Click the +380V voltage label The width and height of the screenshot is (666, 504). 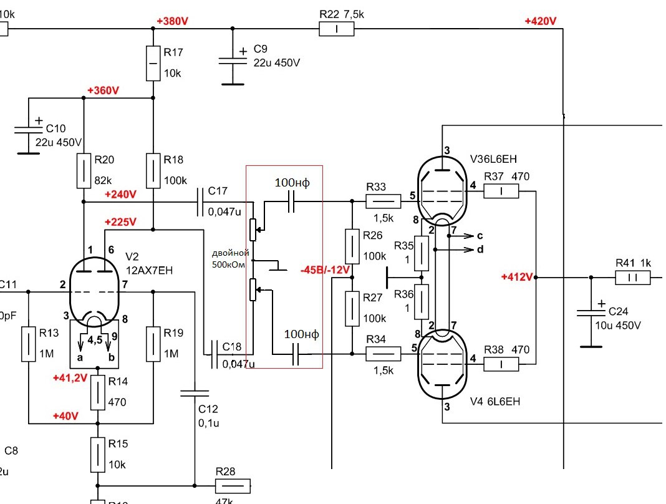pyautogui.click(x=172, y=21)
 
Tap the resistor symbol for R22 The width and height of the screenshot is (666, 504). pyautogui.click(x=336, y=29)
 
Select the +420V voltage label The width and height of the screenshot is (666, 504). pyautogui.click(x=540, y=21)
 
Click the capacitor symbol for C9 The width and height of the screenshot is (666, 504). pyautogui.click(x=233, y=61)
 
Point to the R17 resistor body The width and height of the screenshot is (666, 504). pyautogui.click(x=153, y=64)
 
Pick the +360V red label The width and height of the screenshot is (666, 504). pyautogui.click(x=104, y=90)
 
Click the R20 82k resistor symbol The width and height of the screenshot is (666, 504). pyautogui.click(x=84, y=170)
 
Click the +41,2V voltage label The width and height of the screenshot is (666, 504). pyautogui.click(x=70, y=378)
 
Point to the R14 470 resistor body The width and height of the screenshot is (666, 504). pyautogui.click(x=98, y=392)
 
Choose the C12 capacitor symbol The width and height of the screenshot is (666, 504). pyautogui.click(x=195, y=393)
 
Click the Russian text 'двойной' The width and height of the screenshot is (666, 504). pyautogui.click(x=230, y=253)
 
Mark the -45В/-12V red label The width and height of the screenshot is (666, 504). pyautogui.click(x=325, y=270)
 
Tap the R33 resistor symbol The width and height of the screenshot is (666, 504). pyautogui.click(x=383, y=201)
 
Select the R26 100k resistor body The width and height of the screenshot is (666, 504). pyautogui.click(x=352, y=246)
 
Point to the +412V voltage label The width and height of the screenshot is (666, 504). pyautogui.click(x=517, y=277)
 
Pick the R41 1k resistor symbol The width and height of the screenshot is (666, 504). pyautogui.click(x=633, y=278)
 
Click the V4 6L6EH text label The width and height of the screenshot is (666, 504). pyautogui.click(x=495, y=401)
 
